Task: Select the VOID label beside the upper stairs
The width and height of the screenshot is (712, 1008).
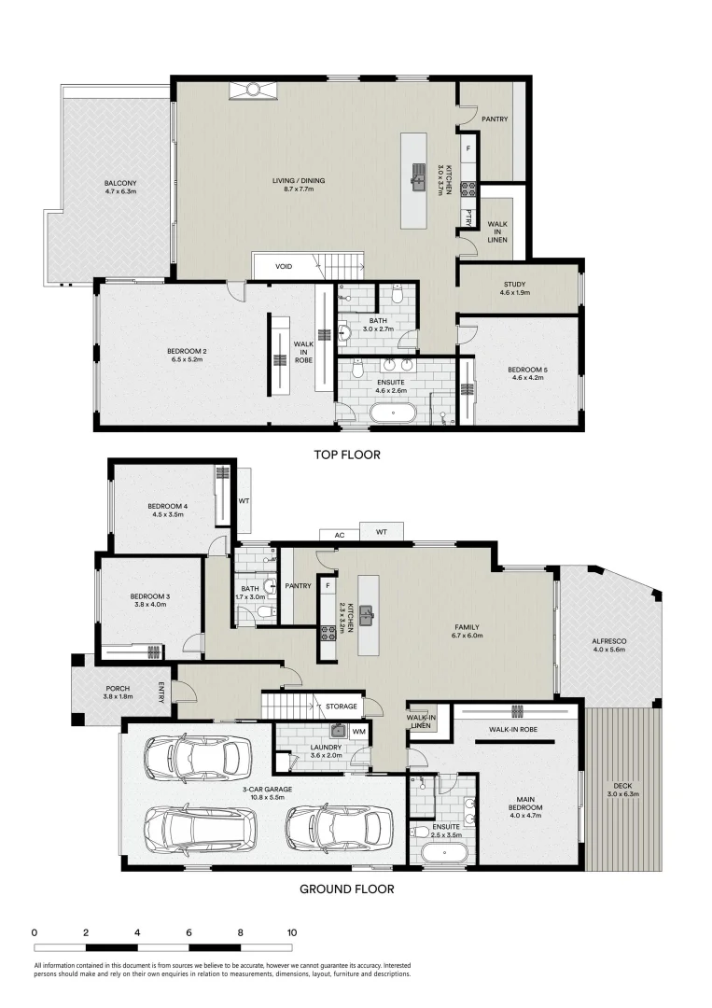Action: (284, 267)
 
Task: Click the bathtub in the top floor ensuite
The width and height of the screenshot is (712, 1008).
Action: (393, 412)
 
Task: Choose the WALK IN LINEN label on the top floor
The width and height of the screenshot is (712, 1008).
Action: (496, 229)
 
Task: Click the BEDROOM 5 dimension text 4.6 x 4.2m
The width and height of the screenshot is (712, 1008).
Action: (527, 378)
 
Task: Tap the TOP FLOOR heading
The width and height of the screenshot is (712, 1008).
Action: (346, 455)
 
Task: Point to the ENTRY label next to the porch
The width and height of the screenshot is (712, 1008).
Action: (161, 693)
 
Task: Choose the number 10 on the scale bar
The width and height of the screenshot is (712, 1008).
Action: (292, 932)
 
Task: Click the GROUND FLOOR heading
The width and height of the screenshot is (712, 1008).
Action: (346, 889)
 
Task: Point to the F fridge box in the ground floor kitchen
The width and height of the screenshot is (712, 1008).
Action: (328, 586)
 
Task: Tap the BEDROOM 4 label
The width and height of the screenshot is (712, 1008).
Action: (168, 507)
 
